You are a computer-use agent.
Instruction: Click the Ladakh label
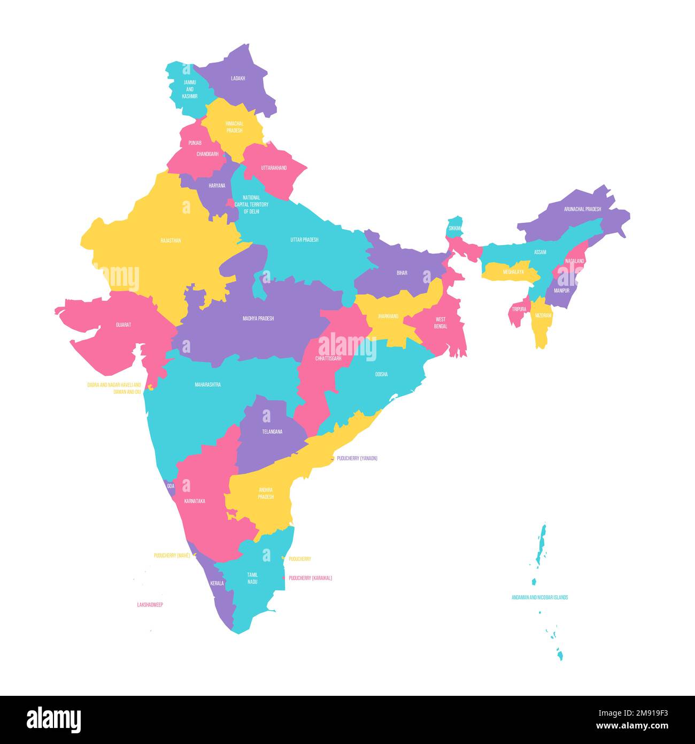[x=238, y=78]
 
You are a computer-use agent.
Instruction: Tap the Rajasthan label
[x=171, y=241]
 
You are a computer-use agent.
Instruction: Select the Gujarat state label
[x=123, y=325]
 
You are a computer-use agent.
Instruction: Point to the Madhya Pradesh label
[x=258, y=318]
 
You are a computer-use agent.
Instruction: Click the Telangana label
[x=272, y=431]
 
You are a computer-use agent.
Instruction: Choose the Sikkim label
[x=454, y=228]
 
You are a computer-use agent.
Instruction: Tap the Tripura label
[x=519, y=309]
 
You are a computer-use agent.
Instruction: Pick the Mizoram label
[x=543, y=316]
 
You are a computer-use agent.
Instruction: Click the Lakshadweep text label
[x=150, y=605]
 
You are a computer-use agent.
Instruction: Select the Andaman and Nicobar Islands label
[x=539, y=597]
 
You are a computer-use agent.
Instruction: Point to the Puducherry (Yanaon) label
[x=357, y=459]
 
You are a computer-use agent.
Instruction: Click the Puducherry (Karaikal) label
[x=310, y=578]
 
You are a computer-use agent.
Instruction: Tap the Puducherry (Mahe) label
[x=172, y=556]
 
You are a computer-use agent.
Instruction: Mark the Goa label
[x=171, y=486]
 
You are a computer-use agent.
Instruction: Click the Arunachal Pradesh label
[x=582, y=209]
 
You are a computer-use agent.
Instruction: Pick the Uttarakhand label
[x=274, y=168]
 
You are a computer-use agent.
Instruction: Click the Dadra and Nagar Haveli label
[x=114, y=385]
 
